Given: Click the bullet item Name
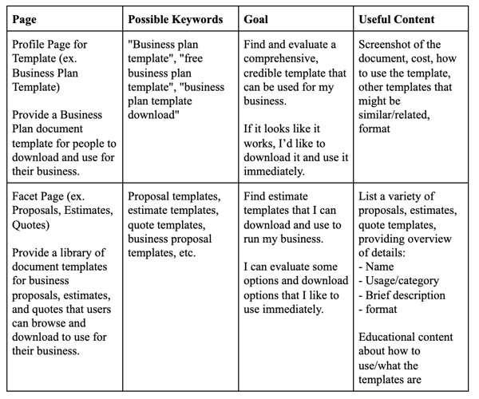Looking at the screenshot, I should [382, 267].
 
